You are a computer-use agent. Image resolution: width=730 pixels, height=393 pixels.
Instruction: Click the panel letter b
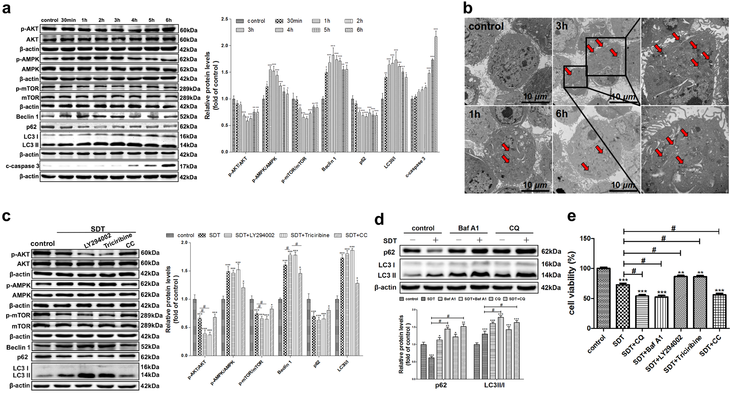tap(468, 8)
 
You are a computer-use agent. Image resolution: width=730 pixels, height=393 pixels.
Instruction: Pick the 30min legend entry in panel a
tap(289, 21)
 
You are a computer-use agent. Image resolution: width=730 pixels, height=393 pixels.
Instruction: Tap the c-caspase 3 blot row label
tap(22, 166)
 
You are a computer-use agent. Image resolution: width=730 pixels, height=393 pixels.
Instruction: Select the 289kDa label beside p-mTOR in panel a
tap(190, 89)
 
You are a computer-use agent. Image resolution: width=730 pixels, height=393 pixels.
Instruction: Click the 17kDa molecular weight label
tap(188, 166)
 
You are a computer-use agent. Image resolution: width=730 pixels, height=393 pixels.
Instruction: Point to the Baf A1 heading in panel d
tap(468, 228)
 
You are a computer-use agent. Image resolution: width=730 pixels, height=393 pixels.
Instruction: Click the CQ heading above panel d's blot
tap(514, 228)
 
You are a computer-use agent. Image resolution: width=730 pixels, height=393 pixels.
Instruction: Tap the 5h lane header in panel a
tap(151, 20)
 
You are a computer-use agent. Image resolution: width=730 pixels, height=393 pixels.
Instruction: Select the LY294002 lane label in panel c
tap(97, 240)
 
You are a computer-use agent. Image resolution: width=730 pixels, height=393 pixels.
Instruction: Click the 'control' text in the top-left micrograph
tap(486, 26)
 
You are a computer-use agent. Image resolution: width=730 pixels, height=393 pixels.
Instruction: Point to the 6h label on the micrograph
tap(562, 114)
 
